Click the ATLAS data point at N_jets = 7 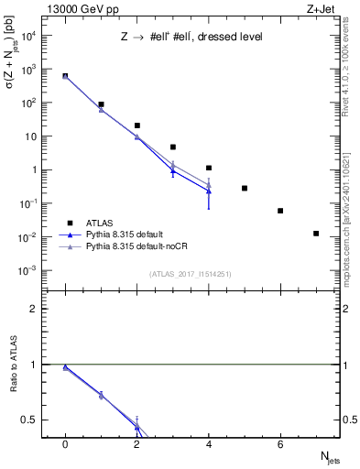(316, 234)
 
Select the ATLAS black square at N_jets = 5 (245, 188)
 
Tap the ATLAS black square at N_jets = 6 (280, 211)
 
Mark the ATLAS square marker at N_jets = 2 (137, 125)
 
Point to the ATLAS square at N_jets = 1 (101, 104)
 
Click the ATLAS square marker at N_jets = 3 (173, 147)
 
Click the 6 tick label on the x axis (280, 444)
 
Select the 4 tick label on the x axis (209, 444)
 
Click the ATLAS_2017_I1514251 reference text (191, 274)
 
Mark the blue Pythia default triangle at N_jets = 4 (209, 191)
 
